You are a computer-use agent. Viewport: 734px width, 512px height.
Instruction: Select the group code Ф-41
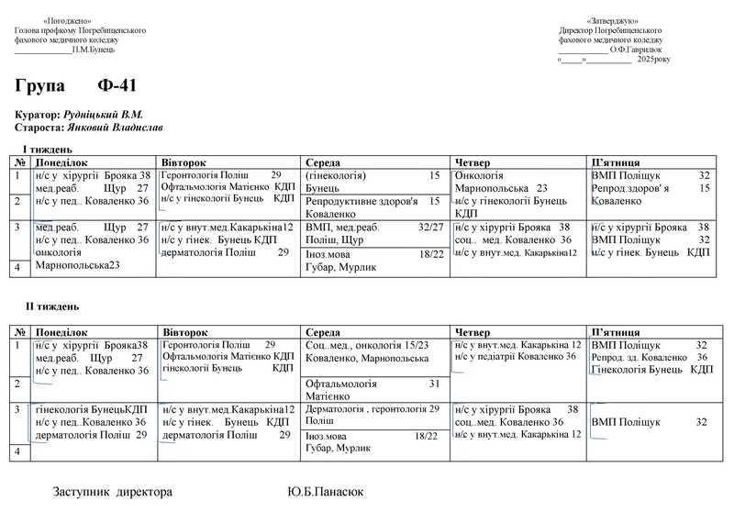117,87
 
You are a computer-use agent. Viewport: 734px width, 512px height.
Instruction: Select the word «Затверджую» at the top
612,21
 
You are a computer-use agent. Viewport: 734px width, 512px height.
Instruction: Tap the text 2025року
654,59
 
